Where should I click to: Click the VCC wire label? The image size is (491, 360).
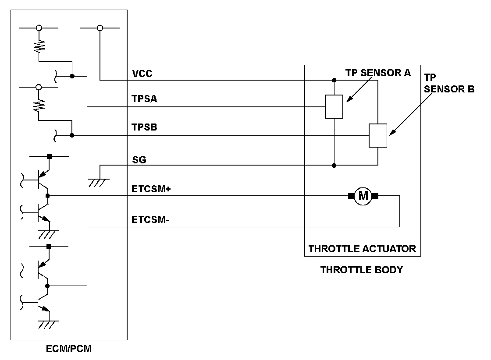pos(142,74)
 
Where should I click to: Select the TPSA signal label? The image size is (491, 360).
pos(144,99)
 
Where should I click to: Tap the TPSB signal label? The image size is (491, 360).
pos(144,128)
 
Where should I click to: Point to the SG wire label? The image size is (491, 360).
pos(139,160)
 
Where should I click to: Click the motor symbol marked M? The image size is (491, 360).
pos(363,196)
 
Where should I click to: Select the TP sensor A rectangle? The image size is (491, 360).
pos(334,106)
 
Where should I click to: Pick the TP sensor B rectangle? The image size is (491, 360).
pos(377,135)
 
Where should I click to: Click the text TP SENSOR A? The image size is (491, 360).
pos(378,73)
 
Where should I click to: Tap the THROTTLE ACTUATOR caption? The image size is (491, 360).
pos(362,249)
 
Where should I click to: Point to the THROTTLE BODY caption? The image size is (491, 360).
pos(362,270)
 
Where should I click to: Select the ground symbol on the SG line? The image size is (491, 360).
pos(98,180)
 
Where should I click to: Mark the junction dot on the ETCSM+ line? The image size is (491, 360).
pos(47,196)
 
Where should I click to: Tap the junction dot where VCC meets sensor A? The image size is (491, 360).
pos(334,81)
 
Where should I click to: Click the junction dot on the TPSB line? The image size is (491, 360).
pos(72,135)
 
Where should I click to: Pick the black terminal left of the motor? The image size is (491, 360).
pos(351,196)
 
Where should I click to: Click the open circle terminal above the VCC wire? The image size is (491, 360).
pos(100,28)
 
